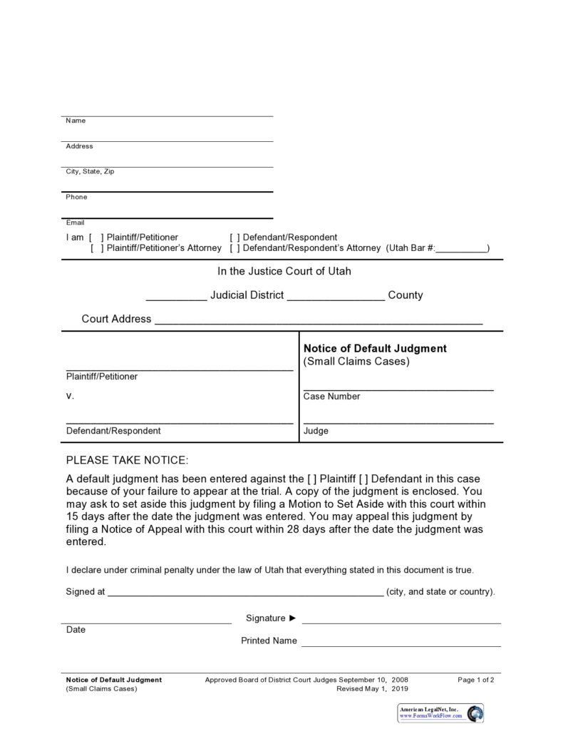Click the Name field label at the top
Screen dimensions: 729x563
(76, 121)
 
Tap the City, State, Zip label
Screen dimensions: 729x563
(90, 171)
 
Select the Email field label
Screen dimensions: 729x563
(75, 223)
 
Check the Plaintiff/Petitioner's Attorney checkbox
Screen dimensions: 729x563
(97, 248)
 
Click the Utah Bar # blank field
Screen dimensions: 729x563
(461, 249)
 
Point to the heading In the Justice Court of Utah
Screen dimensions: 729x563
(284, 271)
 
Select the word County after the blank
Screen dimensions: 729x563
(405, 295)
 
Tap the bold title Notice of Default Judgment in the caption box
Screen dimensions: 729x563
(375, 348)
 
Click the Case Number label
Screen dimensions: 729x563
(331, 397)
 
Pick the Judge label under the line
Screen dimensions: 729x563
(316, 431)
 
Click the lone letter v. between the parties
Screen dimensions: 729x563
(69, 395)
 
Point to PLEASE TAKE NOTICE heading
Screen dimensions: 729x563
(127, 460)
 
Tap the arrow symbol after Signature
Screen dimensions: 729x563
(292, 618)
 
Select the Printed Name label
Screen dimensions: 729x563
(269, 641)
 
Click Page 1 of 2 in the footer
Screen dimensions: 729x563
(476, 680)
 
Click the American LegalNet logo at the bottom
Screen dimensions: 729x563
(441, 712)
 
